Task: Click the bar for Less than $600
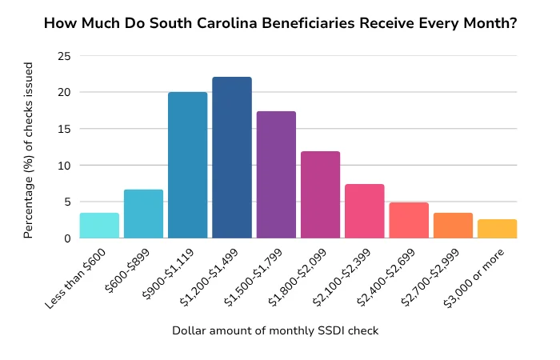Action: [100, 226]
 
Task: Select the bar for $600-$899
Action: [144, 214]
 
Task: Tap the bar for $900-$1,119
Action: [188, 166]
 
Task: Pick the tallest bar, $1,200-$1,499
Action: [232, 158]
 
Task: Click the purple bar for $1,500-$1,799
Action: [276, 175]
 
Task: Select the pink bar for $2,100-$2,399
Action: [365, 211]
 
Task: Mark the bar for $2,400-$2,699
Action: [409, 221]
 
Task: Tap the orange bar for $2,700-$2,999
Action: [453, 226]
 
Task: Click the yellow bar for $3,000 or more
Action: [498, 229]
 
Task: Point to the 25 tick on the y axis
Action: [64, 56]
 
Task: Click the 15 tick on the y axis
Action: [64, 129]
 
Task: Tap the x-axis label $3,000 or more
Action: [485, 274]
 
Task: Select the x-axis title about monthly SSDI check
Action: [276, 330]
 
